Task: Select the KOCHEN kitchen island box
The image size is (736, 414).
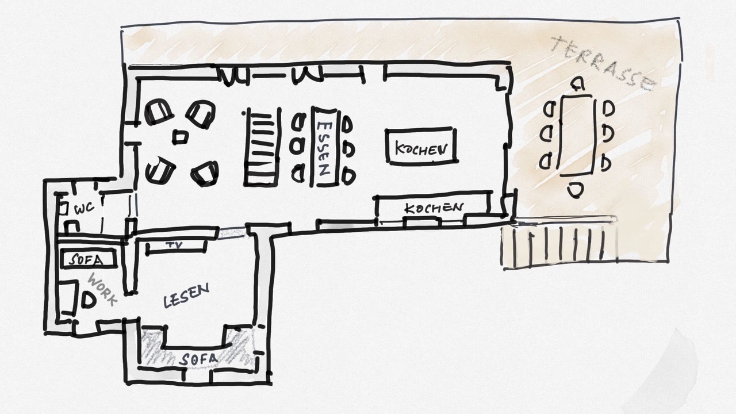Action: click(x=421, y=145)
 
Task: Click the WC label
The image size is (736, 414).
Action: click(x=85, y=208)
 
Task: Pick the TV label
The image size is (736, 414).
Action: click(x=174, y=245)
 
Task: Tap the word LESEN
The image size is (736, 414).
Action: click(x=186, y=296)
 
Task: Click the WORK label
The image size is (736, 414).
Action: click(x=102, y=289)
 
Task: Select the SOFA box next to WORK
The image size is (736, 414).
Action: click(x=89, y=259)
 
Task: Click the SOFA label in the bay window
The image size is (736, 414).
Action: click(x=198, y=359)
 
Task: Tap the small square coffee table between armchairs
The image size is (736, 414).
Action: click(x=181, y=137)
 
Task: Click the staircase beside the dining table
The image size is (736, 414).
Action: click(x=262, y=147)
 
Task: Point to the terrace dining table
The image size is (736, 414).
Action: click(x=578, y=135)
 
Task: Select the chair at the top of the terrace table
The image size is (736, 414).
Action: click(x=577, y=84)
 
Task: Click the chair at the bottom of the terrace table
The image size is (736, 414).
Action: click(x=576, y=190)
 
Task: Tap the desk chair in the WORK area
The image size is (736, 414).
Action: click(x=89, y=300)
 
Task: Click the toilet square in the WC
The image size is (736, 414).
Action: click(x=63, y=208)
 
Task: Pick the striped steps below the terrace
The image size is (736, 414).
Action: click(x=558, y=245)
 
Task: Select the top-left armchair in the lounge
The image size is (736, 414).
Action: click(x=159, y=112)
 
